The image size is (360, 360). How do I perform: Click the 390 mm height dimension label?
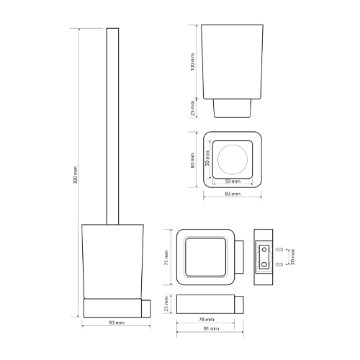(76, 175)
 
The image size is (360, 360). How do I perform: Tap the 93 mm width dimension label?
(117, 323)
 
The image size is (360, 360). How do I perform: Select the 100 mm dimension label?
(192, 62)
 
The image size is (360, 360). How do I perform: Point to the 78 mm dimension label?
(206, 320)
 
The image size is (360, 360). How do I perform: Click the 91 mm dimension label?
(211, 328)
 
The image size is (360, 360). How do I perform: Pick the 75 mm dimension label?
(166, 258)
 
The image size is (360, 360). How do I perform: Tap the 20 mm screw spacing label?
(292, 257)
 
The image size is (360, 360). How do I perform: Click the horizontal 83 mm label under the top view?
(233, 194)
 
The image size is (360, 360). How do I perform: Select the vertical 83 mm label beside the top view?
(192, 161)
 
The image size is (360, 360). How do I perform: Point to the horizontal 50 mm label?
(233, 181)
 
